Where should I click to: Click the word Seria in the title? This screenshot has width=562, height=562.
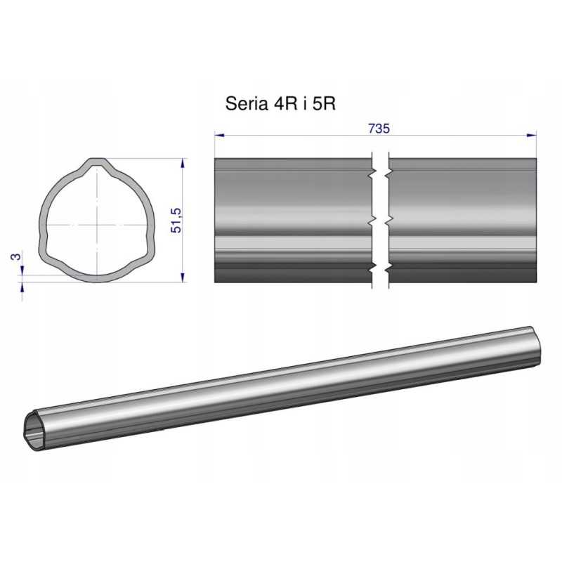pos(247,103)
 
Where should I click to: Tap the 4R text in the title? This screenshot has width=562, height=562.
pos(285,103)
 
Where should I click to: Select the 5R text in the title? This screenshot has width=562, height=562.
pos(324,103)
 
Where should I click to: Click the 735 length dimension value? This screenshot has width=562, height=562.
pos(379,129)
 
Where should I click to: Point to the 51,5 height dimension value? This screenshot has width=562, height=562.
pos(176,221)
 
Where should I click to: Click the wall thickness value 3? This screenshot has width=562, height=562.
pos(15,256)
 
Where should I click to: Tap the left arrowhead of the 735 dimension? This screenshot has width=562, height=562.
pos(219,135)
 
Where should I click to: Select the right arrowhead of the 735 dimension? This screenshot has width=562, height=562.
pos(532,135)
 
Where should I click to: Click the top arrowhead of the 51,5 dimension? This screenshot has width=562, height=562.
pos(183,163)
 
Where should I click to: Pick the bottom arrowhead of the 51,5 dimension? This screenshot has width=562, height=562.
pos(183,277)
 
